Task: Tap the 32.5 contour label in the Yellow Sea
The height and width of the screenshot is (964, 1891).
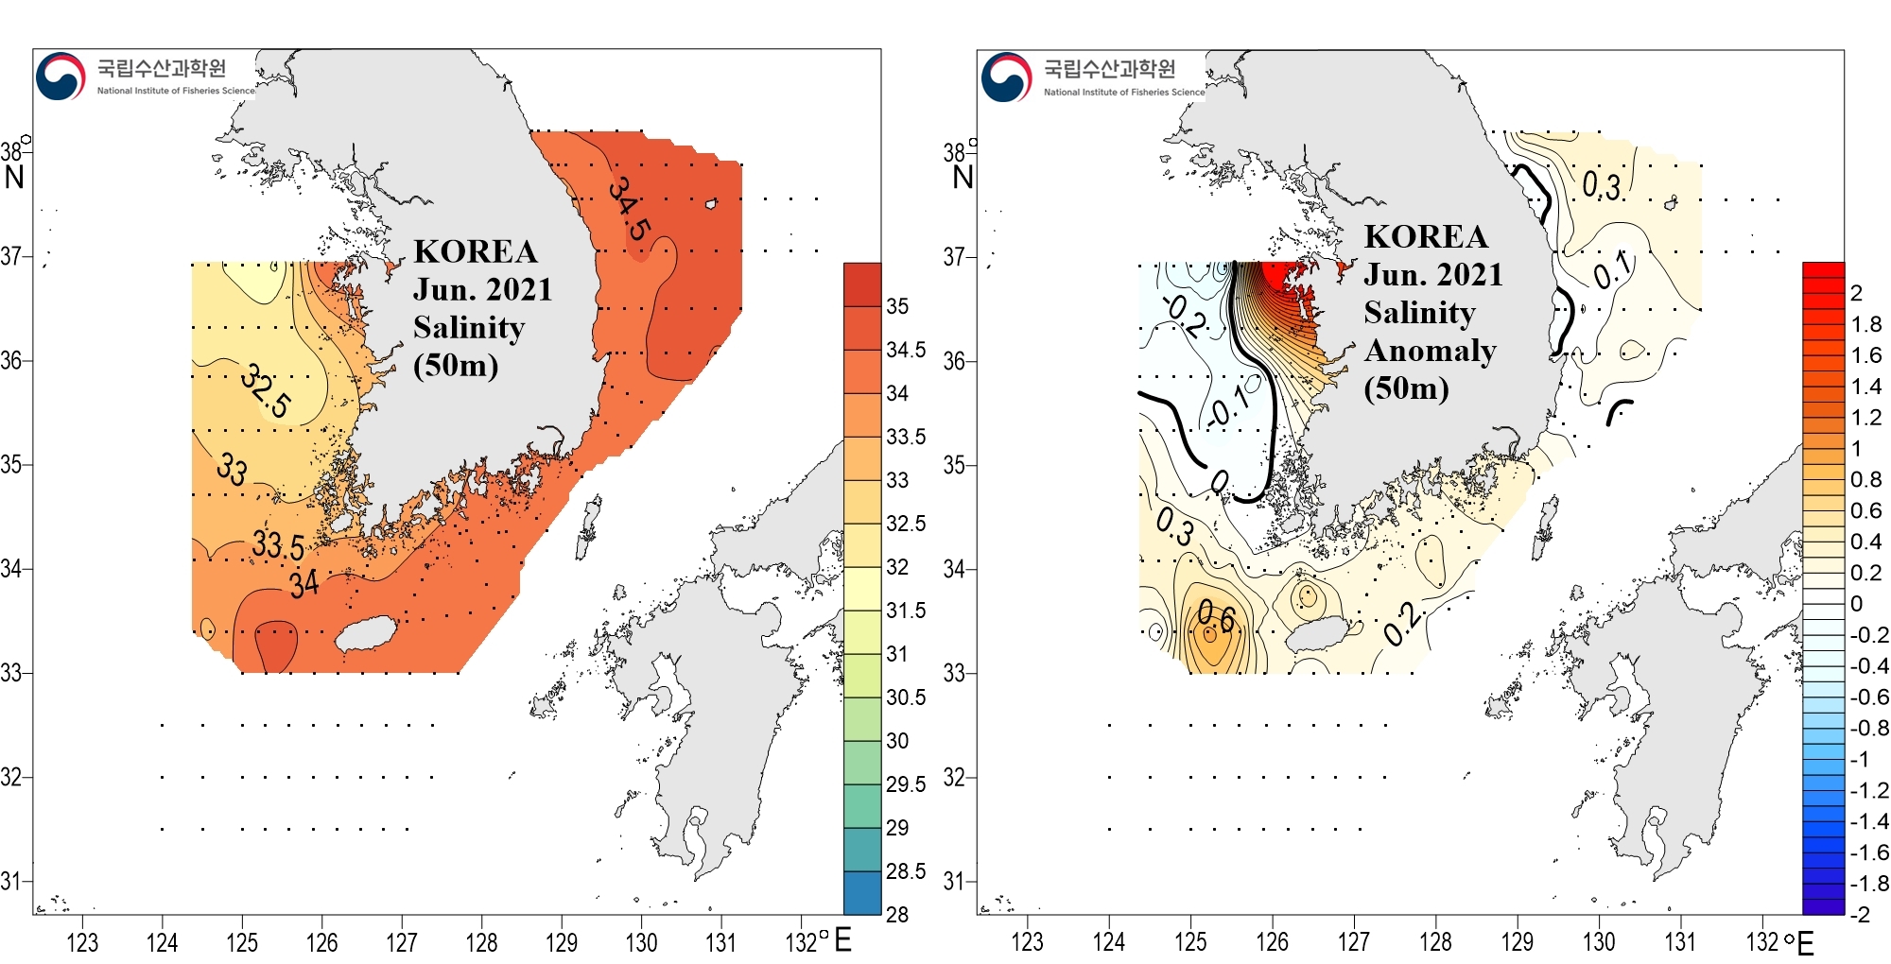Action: pos(266,390)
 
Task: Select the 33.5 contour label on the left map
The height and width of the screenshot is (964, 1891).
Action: pos(278,545)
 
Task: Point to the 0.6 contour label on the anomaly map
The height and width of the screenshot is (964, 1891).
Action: pos(1216,616)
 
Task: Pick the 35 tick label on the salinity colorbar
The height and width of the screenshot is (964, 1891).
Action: pos(897,306)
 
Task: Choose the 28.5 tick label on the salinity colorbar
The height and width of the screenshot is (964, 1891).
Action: pos(906,871)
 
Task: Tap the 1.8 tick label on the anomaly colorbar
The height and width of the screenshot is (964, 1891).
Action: pos(1866,324)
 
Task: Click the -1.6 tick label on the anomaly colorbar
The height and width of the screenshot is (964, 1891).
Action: pos(1869,852)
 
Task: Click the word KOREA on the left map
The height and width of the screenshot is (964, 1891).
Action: pos(476,251)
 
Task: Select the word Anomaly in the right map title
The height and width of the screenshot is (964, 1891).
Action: pos(1430,351)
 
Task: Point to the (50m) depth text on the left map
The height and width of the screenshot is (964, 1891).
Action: pos(456,365)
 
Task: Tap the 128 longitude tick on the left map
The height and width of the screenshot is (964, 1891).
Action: pos(481,942)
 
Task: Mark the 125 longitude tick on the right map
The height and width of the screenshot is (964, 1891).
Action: pos(1190,942)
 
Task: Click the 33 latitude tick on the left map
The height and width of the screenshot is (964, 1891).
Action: pos(11,673)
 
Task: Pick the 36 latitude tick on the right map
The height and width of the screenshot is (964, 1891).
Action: pos(954,361)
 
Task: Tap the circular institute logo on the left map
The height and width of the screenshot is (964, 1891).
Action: pos(61,76)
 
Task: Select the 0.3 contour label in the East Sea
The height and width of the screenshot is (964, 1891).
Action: pos(1602,186)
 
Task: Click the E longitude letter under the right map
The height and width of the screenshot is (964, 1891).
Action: pos(1806,943)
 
